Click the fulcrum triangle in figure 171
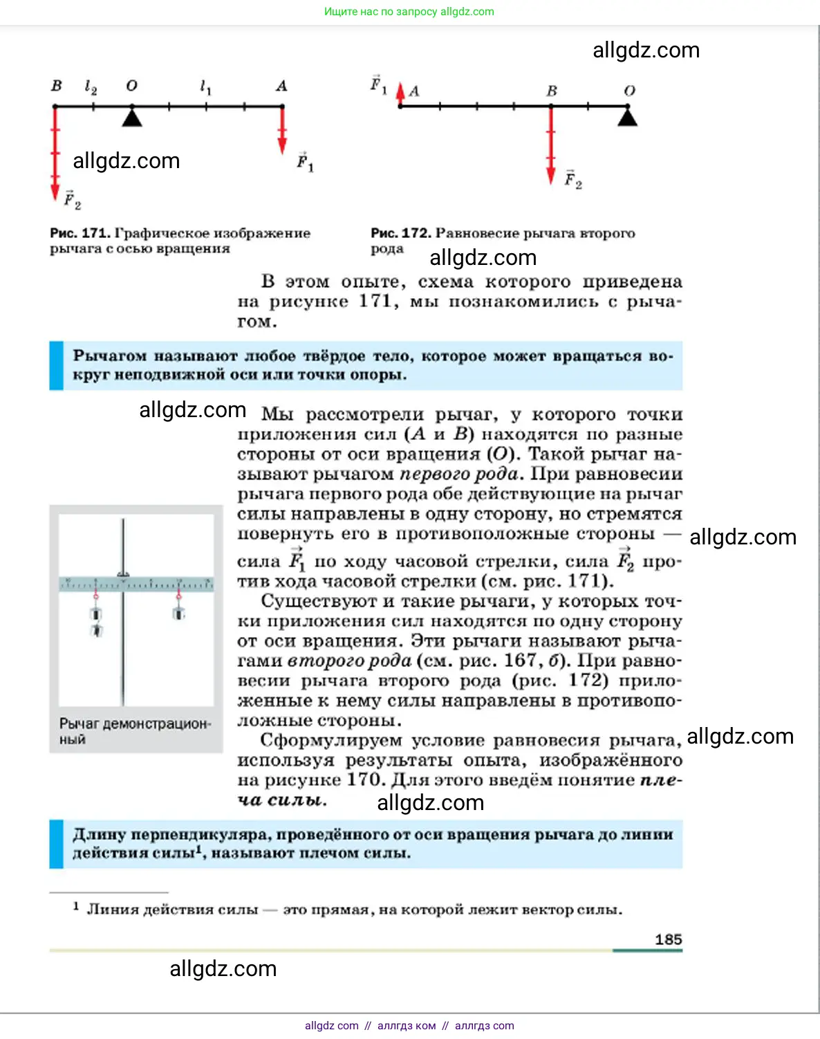(x=132, y=117)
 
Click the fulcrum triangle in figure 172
(x=627, y=117)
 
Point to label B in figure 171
(x=57, y=86)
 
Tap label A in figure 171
(x=281, y=86)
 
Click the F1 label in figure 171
(x=305, y=162)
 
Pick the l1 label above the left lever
(x=205, y=86)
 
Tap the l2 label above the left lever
(x=91, y=86)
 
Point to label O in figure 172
(x=629, y=91)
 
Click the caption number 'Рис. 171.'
(x=80, y=233)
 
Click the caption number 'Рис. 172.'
(x=400, y=233)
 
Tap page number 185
(x=668, y=939)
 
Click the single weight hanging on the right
(x=179, y=613)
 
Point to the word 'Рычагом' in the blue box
(x=109, y=356)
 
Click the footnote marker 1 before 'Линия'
(x=76, y=906)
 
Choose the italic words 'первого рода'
(x=459, y=475)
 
